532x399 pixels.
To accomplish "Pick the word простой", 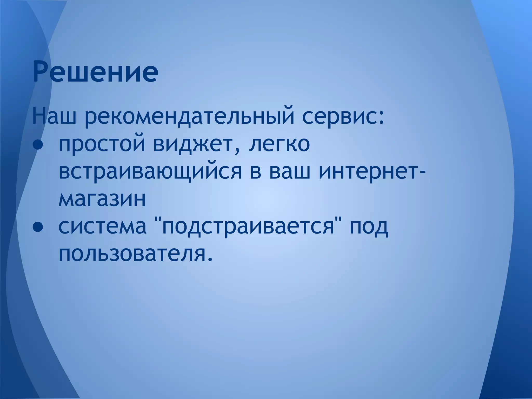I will (102, 145).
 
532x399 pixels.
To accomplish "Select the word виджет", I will (193, 145).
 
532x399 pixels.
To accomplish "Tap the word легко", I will (279, 145).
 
